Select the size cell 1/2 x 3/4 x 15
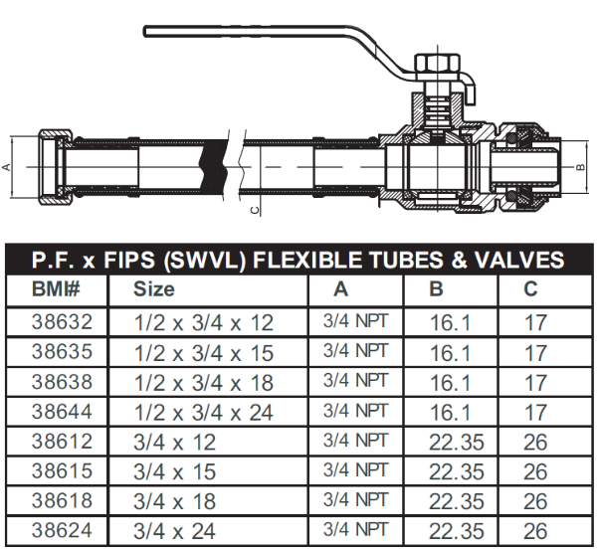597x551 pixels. coord(203,352)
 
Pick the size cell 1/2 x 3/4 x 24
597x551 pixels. coord(203,411)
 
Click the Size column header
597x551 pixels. coord(154,289)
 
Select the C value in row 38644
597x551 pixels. coord(535,411)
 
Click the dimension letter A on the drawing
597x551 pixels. coord(8,166)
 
